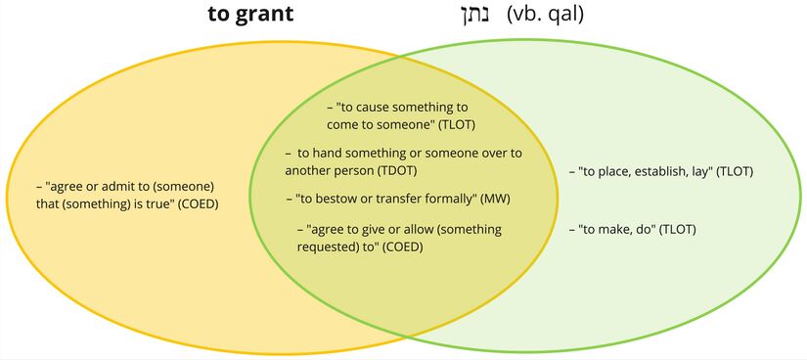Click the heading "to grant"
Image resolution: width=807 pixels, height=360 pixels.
[x=250, y=16]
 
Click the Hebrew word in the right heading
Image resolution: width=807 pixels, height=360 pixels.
[x=474, y=16]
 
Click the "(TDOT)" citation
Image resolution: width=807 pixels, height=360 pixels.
[x=403, y=170]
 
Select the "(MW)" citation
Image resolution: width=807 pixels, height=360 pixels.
[x=494, y=199]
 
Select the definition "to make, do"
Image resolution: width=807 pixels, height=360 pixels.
[x=617, y=230]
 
